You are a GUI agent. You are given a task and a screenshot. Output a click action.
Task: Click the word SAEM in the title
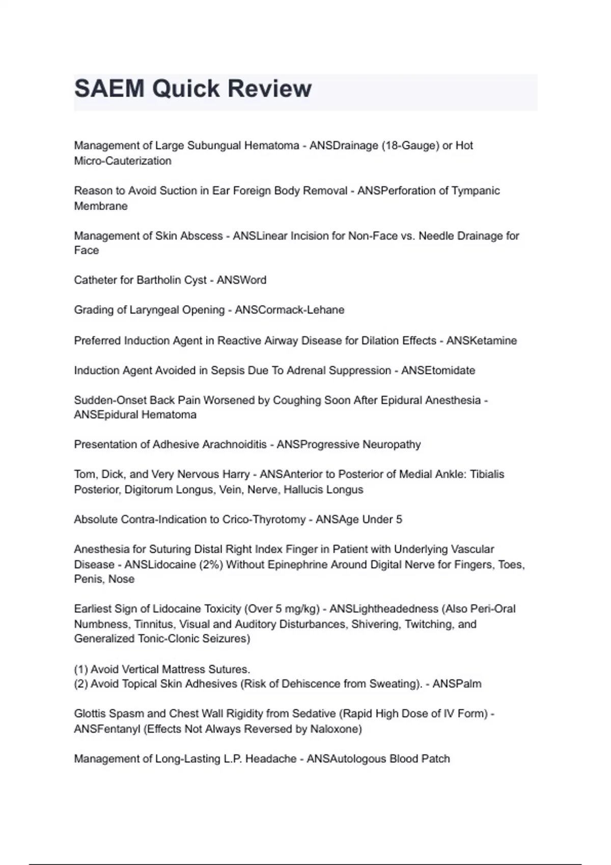(109, 89)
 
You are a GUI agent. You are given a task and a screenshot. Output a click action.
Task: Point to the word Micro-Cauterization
(123, 161)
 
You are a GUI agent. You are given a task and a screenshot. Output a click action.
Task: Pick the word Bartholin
(159, 280)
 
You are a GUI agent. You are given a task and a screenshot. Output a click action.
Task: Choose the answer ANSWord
(241, 280)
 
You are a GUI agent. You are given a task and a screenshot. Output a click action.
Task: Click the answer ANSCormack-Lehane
(289, 310)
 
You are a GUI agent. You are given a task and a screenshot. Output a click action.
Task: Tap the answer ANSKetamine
(481, 340)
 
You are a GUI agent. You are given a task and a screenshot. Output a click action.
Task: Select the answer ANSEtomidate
(438, 370)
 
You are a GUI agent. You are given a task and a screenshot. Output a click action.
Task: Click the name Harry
(235, 474)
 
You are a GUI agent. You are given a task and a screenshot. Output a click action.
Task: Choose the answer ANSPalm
(457, 684)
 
